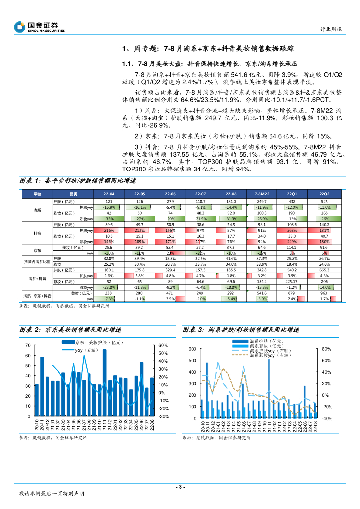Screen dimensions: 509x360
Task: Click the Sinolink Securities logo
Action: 39,27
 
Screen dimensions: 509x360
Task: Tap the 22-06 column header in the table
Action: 170,194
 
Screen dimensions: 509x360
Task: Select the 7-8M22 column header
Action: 262,194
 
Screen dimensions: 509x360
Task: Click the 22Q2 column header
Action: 324,194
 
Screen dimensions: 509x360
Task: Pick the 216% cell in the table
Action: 110,231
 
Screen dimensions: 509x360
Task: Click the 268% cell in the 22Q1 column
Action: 293,231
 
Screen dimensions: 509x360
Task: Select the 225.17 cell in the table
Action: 293,281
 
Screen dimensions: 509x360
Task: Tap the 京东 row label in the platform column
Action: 37,250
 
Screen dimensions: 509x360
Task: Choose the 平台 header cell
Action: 37,194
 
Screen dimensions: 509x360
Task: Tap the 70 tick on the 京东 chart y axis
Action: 28,345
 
